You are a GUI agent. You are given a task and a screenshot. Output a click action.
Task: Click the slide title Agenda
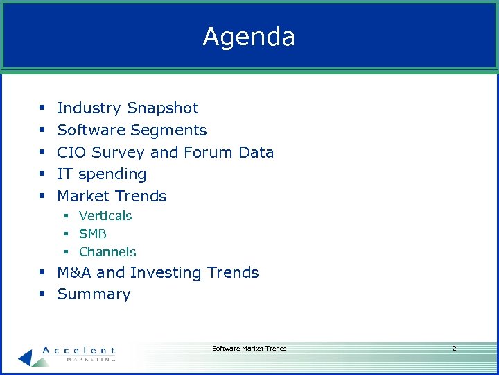pos(249,37)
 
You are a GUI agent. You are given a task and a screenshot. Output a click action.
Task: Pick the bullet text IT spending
pos(101,174)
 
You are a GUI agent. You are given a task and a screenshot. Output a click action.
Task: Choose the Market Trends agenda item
pos(112,197)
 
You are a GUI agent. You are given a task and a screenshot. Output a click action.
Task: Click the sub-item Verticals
pos(105,216)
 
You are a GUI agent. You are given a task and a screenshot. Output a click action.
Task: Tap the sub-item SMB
pos(93,234)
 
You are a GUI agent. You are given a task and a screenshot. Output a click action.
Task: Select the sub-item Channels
pos(107,252)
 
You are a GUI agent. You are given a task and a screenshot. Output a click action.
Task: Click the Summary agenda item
pos(94,294)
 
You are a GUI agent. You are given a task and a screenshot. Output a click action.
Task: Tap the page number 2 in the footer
pos(454,349)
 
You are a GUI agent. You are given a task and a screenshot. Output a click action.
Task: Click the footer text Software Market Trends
pos(249,349)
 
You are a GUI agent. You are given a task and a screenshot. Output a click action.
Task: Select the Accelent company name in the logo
pos(79,351)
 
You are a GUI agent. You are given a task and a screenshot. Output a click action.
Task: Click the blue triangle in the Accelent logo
pos(26,357)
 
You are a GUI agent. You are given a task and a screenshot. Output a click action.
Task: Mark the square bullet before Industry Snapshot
pos(42,109)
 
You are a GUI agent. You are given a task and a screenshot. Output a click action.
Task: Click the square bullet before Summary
pos(42,295)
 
